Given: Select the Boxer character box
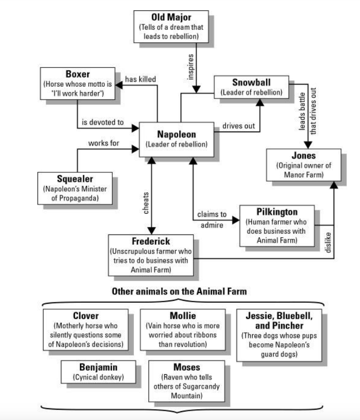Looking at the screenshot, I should (x=78, y=84).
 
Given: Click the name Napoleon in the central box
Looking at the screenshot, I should (x=176, y=134).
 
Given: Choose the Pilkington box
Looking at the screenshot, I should (x=277, y=226).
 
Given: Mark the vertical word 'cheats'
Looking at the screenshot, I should (x=146, y=202).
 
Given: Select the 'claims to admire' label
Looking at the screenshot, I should (x=212, y=220).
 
